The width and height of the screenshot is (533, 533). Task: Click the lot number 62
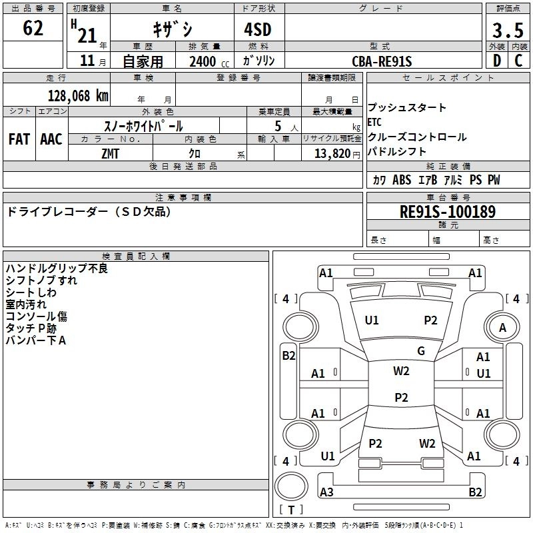coord(33,29)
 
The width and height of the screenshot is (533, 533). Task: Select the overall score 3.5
coord(507,30)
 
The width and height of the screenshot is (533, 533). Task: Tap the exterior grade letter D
coord(496,61)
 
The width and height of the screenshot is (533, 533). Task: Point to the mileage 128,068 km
coord(77,95)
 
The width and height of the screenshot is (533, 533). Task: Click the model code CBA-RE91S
coord(382,61)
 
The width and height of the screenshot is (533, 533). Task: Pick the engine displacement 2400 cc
coord(203,61)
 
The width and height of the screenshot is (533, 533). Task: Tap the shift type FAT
coord(19,139)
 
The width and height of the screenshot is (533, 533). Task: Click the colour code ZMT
coord(111,153)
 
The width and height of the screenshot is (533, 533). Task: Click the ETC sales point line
coord(374,122)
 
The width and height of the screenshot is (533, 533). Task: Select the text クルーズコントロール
coord(417,137)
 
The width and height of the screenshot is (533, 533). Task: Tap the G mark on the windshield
coord(420,351)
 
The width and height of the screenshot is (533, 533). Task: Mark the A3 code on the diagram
coord(326,492)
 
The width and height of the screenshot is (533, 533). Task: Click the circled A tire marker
coord(502,327)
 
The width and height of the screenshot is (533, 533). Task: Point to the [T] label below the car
coord(291,510)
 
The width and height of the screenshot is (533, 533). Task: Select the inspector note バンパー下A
coord(36,340)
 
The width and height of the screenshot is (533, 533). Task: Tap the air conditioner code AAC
coord(51,139)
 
